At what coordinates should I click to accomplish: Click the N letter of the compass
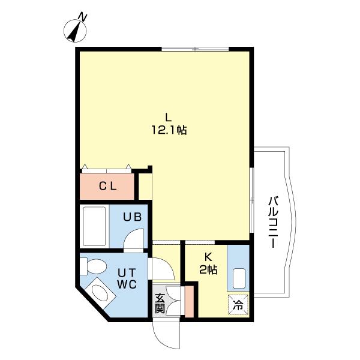tap(83, 17)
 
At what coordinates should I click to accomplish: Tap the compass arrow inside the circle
tap(75, 32)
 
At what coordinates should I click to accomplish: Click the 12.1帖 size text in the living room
tap(169, 130)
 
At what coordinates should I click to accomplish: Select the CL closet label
tap(107, 187)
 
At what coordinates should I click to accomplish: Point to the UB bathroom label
tap(132, 217)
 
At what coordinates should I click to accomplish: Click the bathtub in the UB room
tap(94, 226)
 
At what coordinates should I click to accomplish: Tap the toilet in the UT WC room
tap(94, 266)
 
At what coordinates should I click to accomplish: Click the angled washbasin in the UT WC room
tap(100, 292)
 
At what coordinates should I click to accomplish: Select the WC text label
tap(127, 284)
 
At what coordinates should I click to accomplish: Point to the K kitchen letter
tap(208, 257)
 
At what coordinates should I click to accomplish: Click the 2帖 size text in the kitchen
tap(208, 269)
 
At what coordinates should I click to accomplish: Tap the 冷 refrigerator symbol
tap(238, 305)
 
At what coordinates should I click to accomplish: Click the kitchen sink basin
tap(239, 278)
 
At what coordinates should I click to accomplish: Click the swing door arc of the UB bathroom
tap(134, 239)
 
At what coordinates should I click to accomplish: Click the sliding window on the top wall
tap(195, 49)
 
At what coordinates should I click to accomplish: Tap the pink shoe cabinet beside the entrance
tap(189, 302)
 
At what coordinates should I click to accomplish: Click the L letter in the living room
tap(169, 118)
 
